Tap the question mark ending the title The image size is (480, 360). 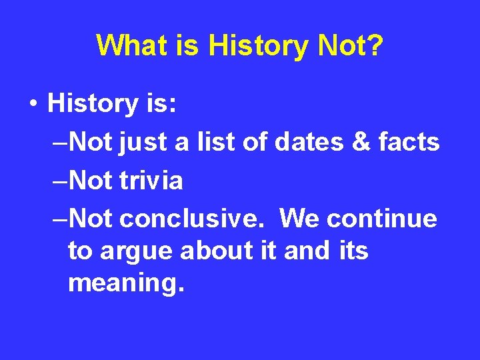[375, 45]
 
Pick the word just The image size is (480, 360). [141, 142]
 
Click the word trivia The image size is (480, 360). [152, 180]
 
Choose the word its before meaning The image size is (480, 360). [353, 251]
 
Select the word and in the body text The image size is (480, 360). [306, 251]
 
